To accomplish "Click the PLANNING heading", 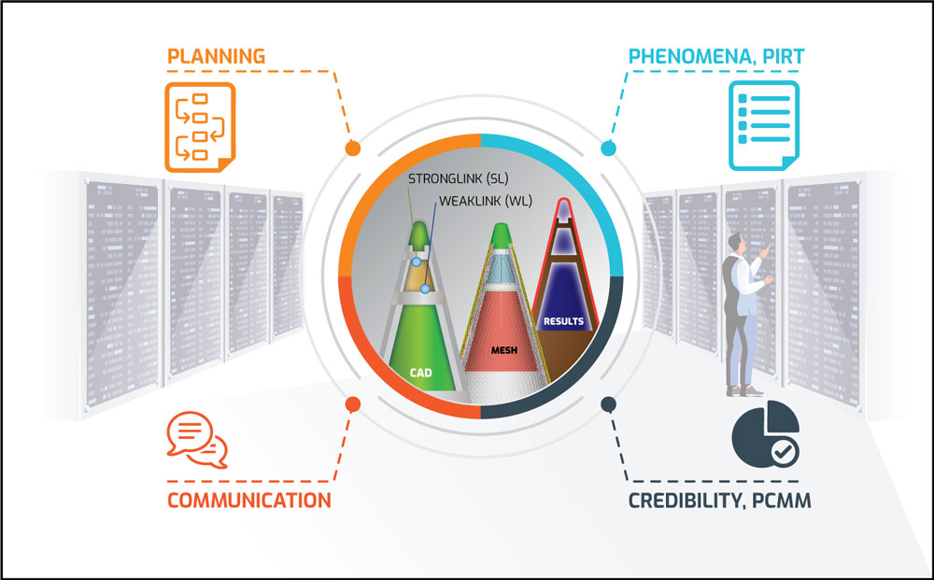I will [x=216, y=56].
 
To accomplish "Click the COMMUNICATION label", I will [x=248, y=500].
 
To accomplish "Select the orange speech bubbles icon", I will [x=196, y=437].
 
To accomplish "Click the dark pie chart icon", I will [x=759, y=435].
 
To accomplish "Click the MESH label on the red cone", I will [x=503, y=351].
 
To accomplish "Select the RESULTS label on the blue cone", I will [x=563, y=321].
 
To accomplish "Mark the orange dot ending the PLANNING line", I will [x=352, y=149].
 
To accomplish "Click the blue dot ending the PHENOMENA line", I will [x=608, y=149].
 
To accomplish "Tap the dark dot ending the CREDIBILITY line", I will [x=608, y=404].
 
